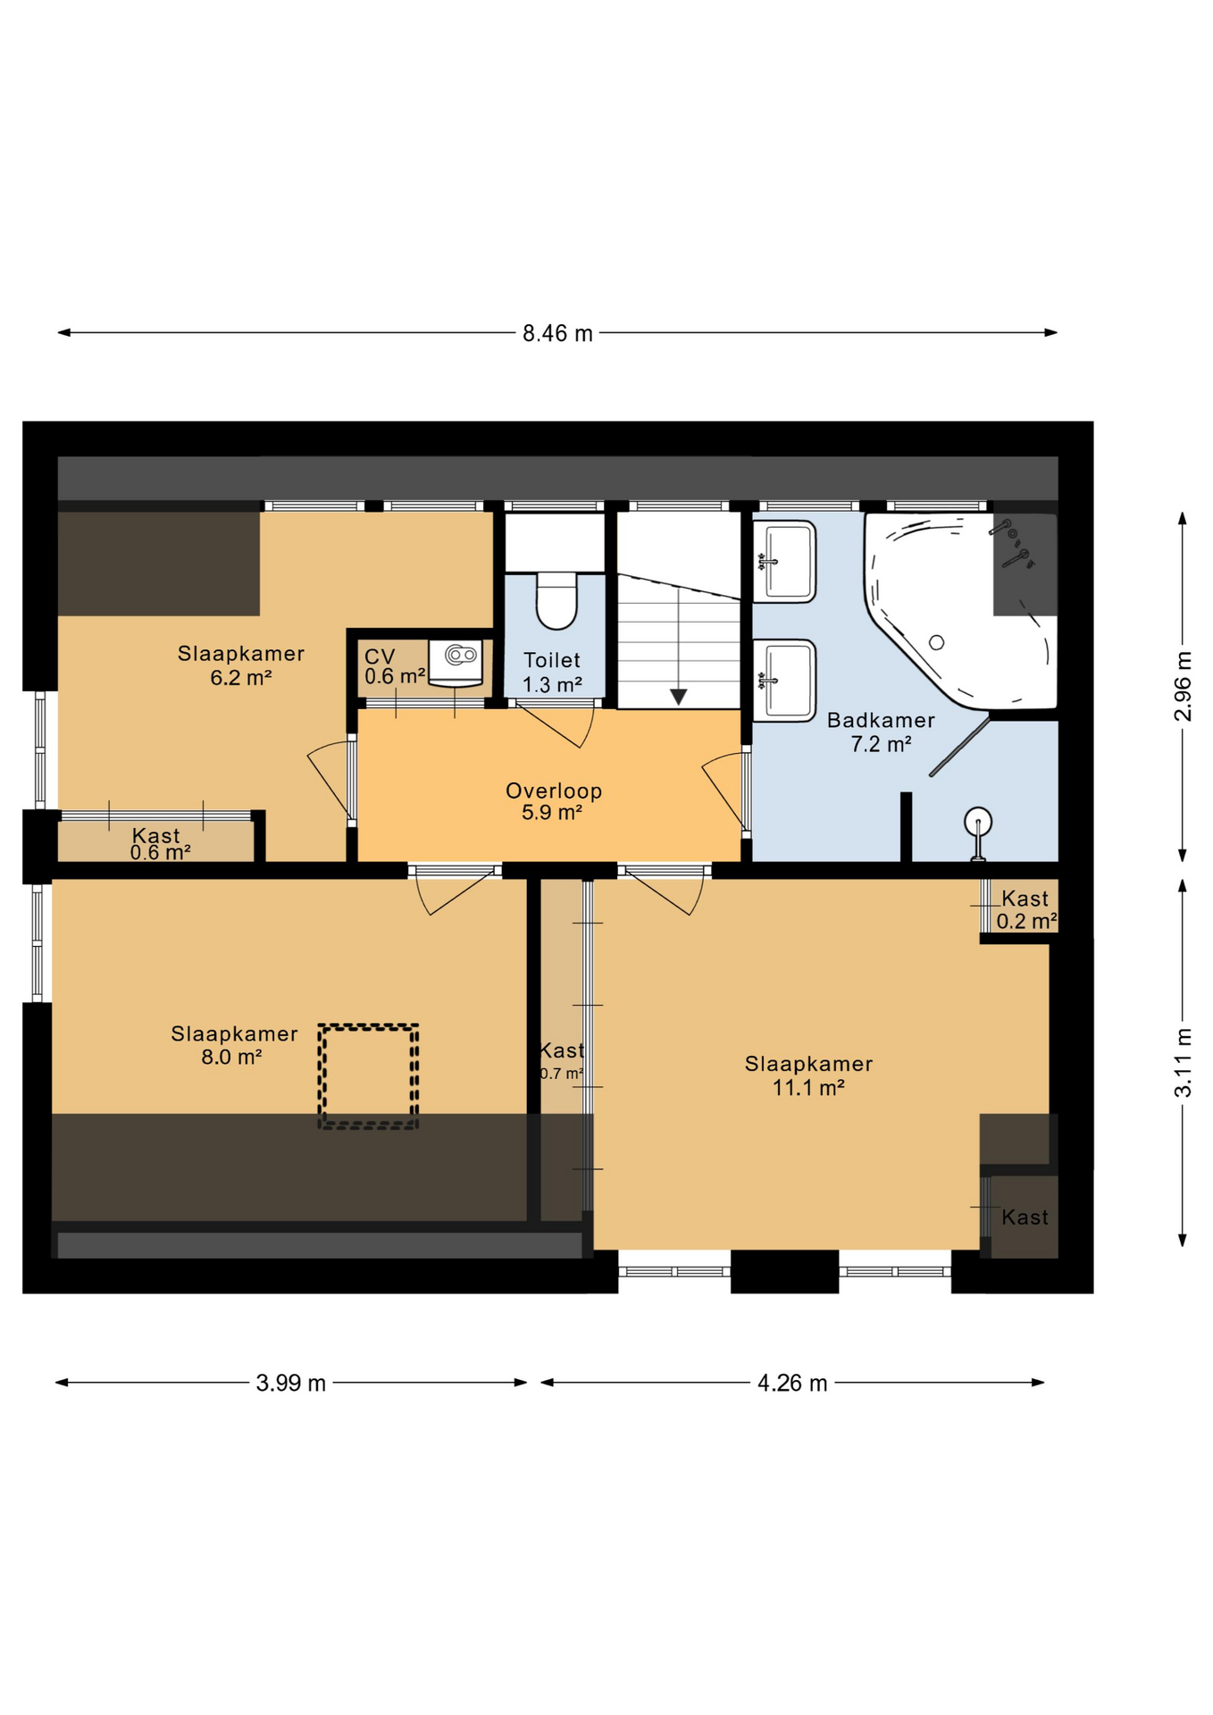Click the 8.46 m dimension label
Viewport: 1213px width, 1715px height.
point(557,333)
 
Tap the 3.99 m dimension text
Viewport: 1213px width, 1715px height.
point(291,1384)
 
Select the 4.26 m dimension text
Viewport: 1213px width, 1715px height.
point(792,1384)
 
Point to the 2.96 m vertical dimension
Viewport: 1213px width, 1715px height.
point(1183,686)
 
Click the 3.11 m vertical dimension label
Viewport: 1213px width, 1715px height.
point(1183,1063)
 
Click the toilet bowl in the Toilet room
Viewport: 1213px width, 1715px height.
point(556,600)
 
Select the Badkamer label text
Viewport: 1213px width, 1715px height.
point(881,720)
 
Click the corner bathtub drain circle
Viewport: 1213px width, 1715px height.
point(937,642)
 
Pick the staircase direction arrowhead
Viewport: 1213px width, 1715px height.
point(679,697)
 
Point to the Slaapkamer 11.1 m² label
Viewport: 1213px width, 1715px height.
point(808,1075)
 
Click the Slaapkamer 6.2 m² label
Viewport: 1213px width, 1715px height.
point(241,665)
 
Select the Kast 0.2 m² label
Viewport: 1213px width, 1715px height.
point(1026,909)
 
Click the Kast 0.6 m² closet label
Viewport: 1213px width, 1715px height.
point(158,843)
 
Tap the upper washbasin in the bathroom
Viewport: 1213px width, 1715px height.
point(784,562)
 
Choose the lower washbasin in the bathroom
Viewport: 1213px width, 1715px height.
point(784,680)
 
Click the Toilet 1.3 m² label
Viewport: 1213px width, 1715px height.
point(552,673)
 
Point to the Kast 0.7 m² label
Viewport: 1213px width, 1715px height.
point(562,1061)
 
